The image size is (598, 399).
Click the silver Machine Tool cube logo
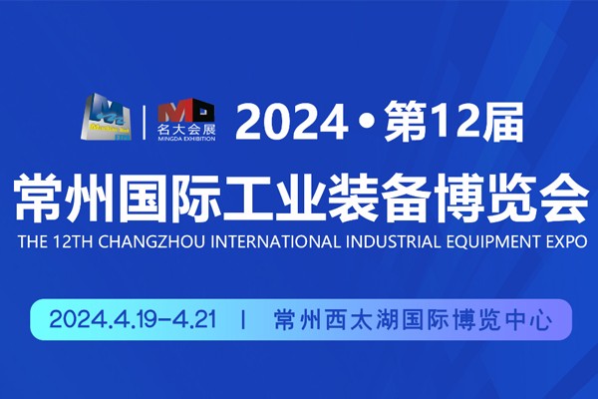[x=106, y=117]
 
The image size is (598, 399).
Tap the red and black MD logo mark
[x=186, y=110]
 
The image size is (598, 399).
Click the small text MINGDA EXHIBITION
[x=186, y=139]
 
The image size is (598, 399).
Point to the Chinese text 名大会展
[x=186, y=129]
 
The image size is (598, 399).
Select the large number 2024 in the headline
[x=292, y=122]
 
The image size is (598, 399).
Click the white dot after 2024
[x=367, y=122]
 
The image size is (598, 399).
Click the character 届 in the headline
[x=500, y=121]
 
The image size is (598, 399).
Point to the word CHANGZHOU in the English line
[x=151, y=242]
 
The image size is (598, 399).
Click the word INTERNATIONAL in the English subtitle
[x=275, y=242]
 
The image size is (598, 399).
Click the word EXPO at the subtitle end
[x=567, y=242]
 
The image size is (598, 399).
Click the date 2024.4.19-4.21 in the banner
[x=134, y=319]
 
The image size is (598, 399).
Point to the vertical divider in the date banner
[x=243, y=319]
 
